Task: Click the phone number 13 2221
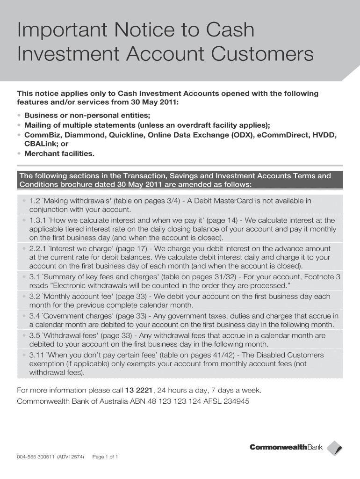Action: click(139, 390)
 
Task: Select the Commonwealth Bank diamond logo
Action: click(334, 448)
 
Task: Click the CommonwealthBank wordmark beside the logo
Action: click(286, 448)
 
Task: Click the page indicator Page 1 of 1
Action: click(105, 457)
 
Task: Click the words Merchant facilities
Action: click(59, 153)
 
